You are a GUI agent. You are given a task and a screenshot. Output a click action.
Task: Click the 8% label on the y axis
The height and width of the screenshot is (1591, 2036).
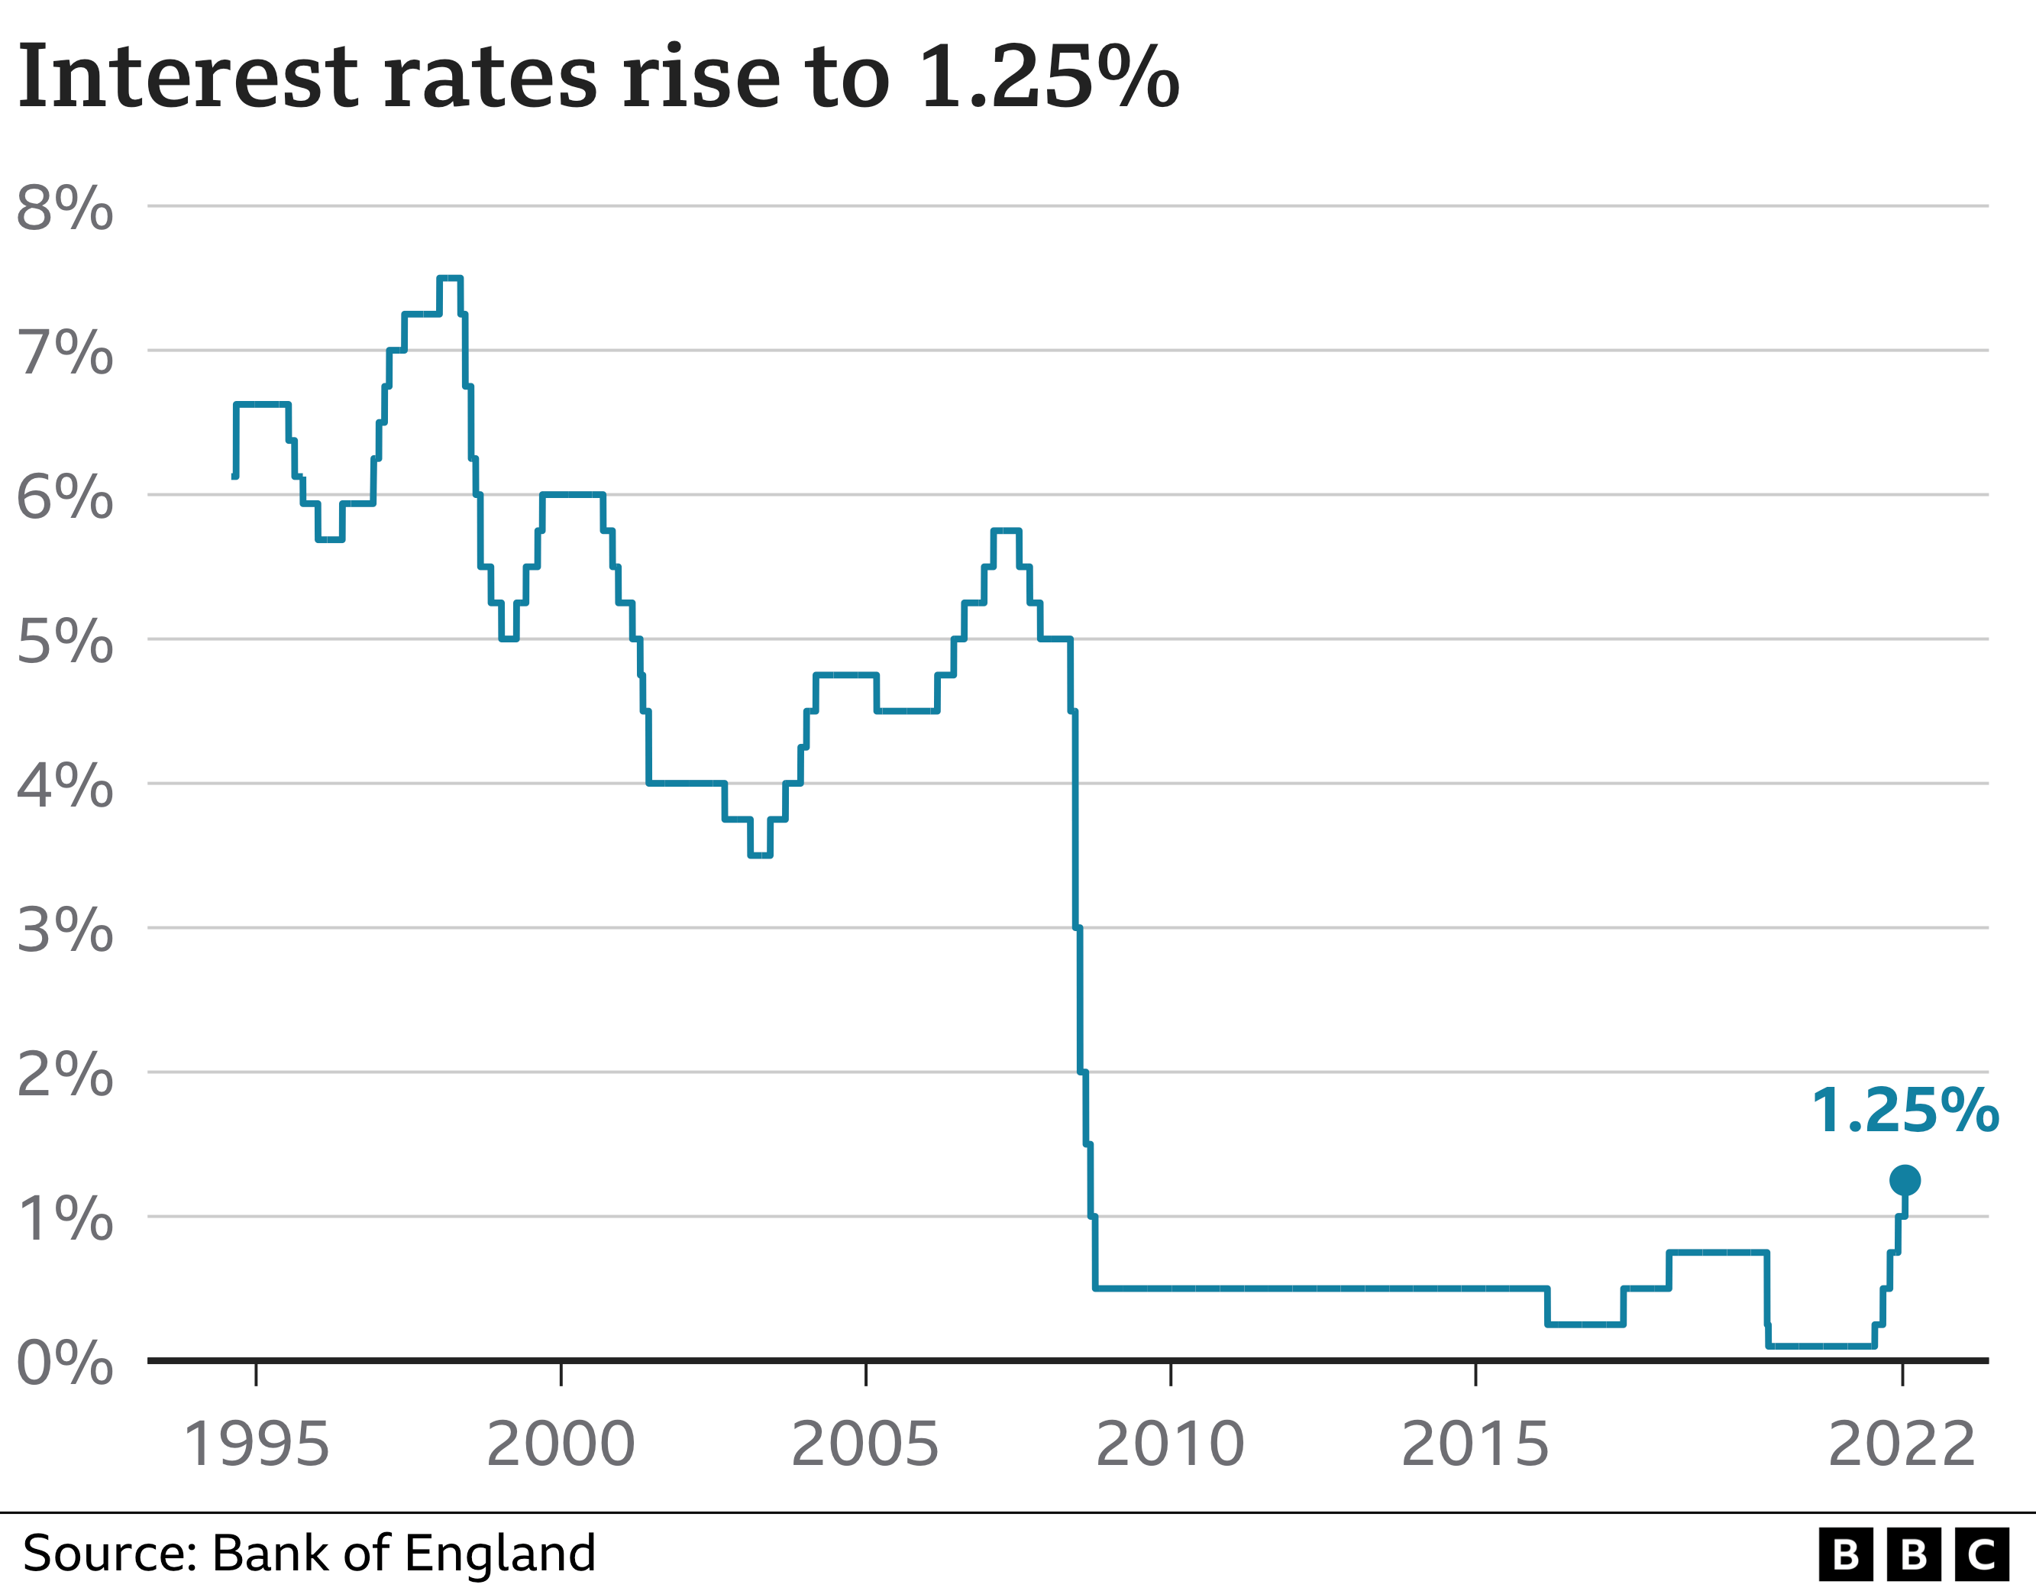pyautogui.click(x=64, y=207)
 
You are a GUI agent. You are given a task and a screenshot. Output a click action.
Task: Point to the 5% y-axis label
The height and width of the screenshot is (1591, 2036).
pyautogui.click(x=64, y=641)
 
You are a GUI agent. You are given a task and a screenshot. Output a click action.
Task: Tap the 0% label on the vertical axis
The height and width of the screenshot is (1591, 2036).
pyautogui.click(x=64, y=1363)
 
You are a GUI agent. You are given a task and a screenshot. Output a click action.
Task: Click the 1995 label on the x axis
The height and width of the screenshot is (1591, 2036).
pyautogui.click(x=257, y=1444)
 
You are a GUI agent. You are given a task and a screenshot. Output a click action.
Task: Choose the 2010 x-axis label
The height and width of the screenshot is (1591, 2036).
pyautogui.click(x=1170, y=1444)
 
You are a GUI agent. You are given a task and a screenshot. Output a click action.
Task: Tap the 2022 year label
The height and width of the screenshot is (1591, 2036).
pyautogui.click(x=1902, y=1444)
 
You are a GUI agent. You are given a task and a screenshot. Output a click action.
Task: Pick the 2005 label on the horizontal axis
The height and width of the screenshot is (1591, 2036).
pyautogui.click(x=865, y=1444)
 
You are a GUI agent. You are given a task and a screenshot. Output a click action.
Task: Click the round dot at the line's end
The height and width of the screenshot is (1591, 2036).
pyautogui.click(x=1905, y=1180)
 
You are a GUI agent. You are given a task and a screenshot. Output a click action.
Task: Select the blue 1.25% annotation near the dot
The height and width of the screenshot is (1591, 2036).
pyautogui.click(x=1905, y=1111)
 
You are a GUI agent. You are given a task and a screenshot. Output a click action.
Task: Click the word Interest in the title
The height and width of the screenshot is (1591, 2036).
pyautogui.click(x=186, y=76)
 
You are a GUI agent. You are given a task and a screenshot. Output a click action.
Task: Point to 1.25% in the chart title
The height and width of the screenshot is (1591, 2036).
pyautogui.click(x=1049, y=76)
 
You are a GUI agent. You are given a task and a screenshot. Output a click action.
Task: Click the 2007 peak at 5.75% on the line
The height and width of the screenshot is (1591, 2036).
pyautogui.click(x=1007, y=531)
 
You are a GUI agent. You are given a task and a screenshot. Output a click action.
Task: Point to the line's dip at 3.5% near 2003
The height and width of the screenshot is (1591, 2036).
pyautogui.click(x=760, y=854)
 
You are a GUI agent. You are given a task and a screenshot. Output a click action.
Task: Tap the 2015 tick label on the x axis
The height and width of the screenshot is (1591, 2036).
pyautogui.click(x=1475, y=1444)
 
